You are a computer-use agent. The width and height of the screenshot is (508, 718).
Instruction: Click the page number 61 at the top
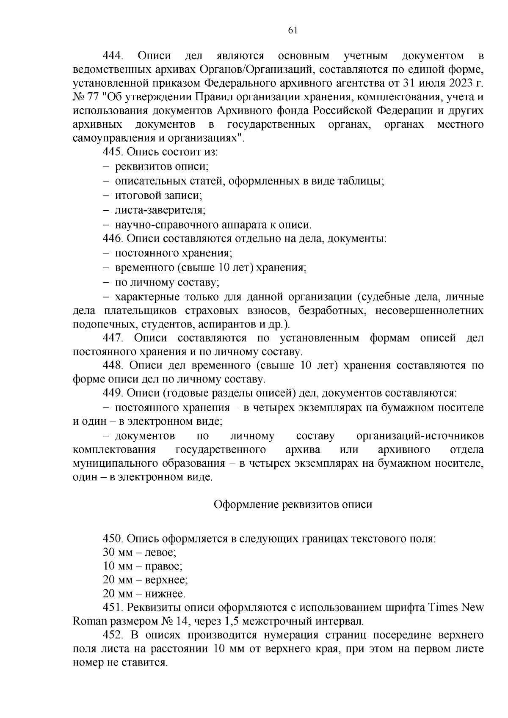click(x=293, y=30)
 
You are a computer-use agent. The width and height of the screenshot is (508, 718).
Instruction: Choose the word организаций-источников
click(x=420, y=436)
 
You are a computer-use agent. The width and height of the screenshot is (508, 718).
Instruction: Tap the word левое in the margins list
click(x=160, y=553)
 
